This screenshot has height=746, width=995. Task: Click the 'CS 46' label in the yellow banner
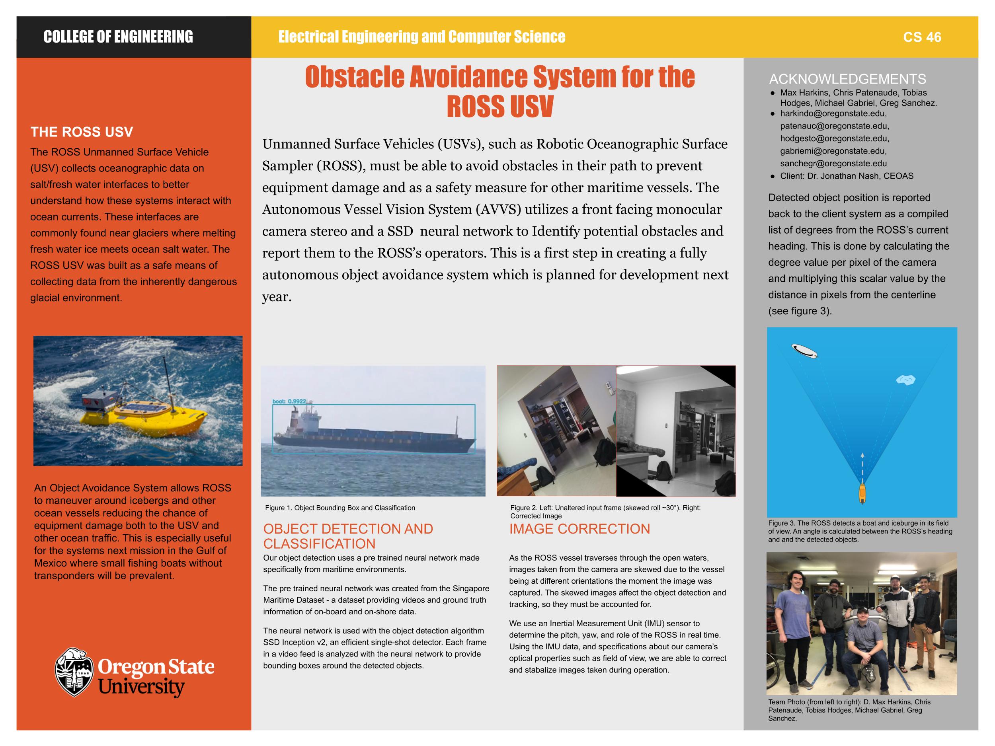pos(922,37)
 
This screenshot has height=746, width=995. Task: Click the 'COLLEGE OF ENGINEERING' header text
pos(118,37)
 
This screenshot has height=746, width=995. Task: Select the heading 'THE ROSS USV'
pos(82,132)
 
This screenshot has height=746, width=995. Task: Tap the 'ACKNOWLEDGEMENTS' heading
pos(847,79)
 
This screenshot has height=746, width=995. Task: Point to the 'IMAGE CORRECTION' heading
pos(579,529)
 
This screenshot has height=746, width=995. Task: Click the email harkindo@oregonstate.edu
pos(833,114)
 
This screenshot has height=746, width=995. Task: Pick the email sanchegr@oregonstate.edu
pos(833,164)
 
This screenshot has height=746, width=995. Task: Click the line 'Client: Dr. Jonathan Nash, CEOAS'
pos(847,176)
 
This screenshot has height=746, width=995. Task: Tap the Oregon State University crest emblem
pos(74,672)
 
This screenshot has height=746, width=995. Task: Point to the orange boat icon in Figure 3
pos(862,493)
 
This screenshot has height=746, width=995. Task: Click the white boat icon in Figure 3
pos(804,351)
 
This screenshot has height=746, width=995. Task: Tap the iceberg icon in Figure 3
pos(905,380)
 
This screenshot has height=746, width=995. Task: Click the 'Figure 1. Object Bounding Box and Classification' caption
pos(340,508)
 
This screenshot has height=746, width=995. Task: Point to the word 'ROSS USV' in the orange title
pos(500,106)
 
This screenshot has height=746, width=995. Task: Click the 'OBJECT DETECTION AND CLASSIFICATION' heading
pos(348,536)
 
